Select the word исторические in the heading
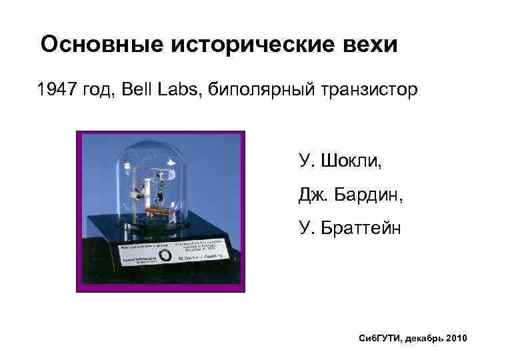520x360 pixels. click(241, 45)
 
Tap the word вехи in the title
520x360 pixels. click(366, 45)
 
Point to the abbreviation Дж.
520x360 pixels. click(310, 195)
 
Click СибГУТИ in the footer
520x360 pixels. click(380, 339)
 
